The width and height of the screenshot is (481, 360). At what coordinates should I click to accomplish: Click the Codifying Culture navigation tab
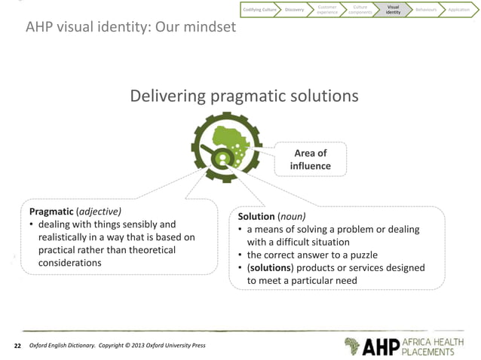(x=259, y=9)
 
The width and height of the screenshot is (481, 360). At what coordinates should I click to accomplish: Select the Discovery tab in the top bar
(x=295, y=9)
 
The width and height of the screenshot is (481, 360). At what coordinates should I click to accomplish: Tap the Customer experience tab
(x=327, y=9)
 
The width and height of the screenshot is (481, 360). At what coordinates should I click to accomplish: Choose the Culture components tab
(x=360, y=9)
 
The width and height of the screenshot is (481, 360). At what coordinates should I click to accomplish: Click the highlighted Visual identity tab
(x=393, y=9)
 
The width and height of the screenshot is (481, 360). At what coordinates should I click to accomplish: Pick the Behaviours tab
(x=426, y=9)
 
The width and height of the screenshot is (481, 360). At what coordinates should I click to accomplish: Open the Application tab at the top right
(x=459, y=9)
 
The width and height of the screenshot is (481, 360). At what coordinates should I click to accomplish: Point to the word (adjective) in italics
(x=100, y=211)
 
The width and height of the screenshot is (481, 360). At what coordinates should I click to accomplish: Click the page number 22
(x=17, y=346)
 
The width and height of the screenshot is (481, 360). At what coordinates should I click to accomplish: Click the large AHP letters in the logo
(x=384, y=346)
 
